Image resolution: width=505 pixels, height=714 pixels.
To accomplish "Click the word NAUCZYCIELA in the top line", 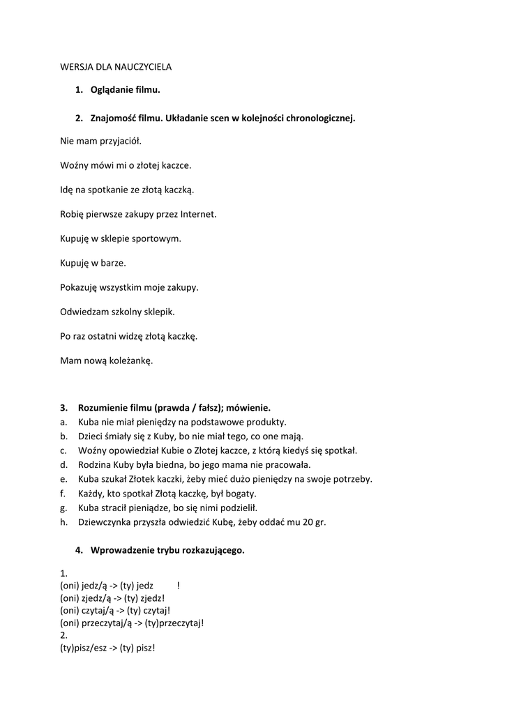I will [x=143, y=67].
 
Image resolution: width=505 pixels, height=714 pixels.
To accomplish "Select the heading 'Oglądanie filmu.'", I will [x=125, y=90].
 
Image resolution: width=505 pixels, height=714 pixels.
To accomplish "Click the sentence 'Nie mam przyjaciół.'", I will [x=100, y=141].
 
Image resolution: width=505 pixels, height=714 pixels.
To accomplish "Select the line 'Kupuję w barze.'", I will [x=93, y=263].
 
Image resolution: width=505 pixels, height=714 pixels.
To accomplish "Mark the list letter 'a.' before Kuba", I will [x=63, y=422].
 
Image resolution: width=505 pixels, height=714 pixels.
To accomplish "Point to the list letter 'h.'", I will [x=63, y=522].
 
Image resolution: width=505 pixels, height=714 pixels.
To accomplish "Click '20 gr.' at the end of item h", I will [x=312, y=522].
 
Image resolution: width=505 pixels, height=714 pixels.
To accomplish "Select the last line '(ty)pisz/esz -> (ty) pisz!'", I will [x=107, y=648].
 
